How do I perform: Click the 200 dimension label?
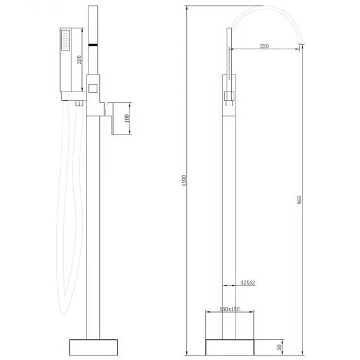click(x=80, y=59)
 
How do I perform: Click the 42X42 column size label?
click(x=246, y=284)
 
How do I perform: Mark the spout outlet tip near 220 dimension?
click(x=301, y=44)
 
